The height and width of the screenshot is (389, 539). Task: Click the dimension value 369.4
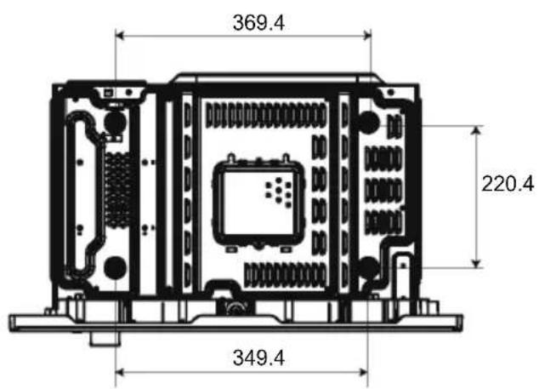(258, 23)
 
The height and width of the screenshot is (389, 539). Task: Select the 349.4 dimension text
(258, 358)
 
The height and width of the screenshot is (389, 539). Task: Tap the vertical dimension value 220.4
(508, 184)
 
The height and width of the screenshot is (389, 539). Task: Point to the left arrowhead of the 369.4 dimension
(119, 35)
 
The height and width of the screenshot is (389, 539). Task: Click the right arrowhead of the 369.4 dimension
(367, 35)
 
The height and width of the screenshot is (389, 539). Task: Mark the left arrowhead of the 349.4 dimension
(119, 372)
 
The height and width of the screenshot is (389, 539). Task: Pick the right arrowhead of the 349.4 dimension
(364, 372)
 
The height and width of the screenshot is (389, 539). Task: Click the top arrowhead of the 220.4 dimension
(476, 130)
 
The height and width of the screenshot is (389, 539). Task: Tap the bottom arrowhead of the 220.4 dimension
(476, 263)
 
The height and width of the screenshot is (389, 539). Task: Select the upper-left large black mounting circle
(115, 122)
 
